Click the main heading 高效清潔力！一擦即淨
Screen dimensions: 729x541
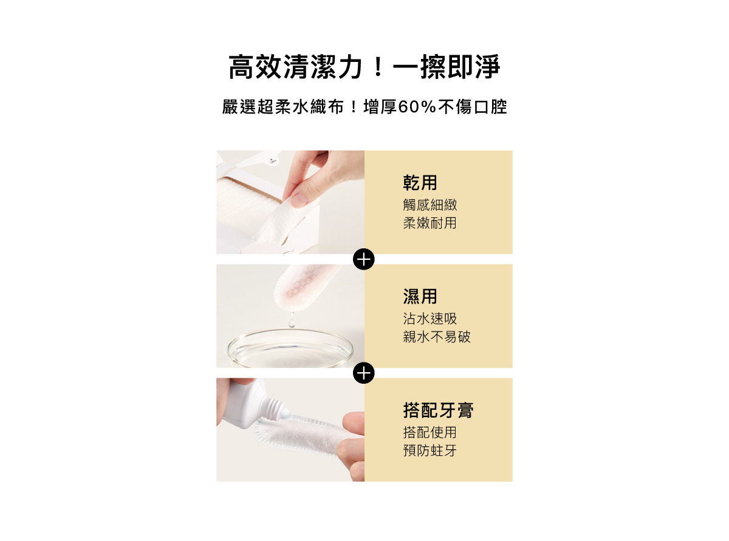364,67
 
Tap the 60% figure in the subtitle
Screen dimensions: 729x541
417,107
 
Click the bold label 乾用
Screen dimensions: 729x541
420,183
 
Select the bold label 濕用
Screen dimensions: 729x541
420,296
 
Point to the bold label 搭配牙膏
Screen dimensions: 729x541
438,410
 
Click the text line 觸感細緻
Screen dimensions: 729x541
430,205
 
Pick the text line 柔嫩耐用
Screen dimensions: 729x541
430,223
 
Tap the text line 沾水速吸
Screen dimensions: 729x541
430,318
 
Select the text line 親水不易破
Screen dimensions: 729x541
436,337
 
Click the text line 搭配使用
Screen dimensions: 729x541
430,432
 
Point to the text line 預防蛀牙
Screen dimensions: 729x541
430,451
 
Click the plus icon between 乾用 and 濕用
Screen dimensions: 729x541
363,259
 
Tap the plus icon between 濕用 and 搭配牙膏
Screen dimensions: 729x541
363,373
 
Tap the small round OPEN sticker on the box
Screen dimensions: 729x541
272,161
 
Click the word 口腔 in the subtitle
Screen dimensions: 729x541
491,107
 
